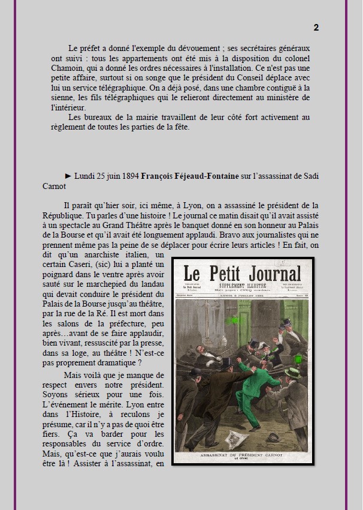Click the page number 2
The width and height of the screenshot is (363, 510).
click(x=316, y=28)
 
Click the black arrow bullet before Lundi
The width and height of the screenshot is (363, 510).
click(x=68, y=176)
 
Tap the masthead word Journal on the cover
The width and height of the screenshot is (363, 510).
click(x=270, y=275)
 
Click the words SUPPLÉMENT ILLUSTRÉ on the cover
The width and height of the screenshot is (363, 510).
click(x=242, y=287)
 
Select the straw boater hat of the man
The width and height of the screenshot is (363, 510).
click(x=293, y=371)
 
